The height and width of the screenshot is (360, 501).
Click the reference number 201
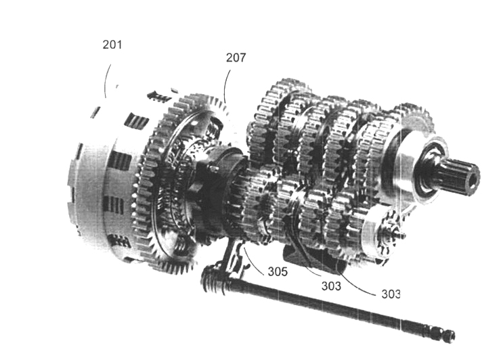[112, 45]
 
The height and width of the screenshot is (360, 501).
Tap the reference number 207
[236, 58]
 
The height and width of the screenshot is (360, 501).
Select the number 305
[278, 271]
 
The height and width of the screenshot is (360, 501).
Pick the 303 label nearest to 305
[331, 286]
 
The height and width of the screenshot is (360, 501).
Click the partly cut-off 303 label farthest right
[391, 294]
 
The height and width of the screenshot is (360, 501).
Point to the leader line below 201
[107, 80]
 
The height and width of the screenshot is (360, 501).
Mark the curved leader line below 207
[226, 86]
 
